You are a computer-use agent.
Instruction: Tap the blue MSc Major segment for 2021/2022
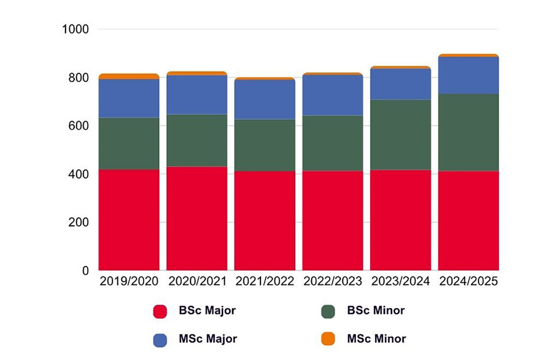(265, 100)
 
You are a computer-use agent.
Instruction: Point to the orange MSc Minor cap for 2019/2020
(129, 77)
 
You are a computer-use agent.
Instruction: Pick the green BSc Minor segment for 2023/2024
(401, 135)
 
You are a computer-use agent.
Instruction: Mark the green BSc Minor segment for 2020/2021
(197, 140)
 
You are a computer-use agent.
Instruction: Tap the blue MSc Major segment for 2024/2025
(468, 75)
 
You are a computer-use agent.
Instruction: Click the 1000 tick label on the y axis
(75, 29)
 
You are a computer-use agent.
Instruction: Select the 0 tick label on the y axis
(86, 271)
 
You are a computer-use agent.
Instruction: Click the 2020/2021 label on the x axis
(197, 282)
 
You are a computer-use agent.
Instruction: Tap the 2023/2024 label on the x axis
(401, 282)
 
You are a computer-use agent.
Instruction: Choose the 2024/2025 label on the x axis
(468, 282)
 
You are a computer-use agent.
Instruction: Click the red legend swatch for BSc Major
(160, 311)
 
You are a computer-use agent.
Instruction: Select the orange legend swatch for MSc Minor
(328, 339)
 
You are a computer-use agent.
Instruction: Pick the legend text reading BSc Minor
(376, 311)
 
